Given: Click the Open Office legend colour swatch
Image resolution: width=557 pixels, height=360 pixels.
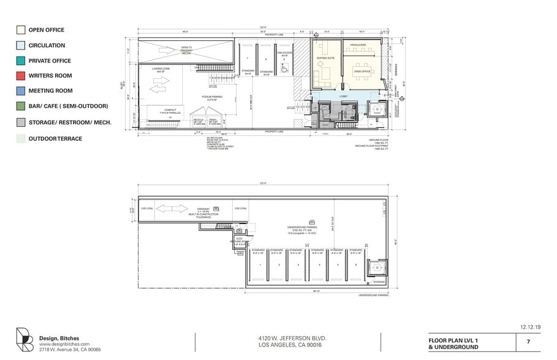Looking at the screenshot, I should [20, 30].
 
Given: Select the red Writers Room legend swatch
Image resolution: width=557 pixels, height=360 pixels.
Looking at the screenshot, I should [20, 76].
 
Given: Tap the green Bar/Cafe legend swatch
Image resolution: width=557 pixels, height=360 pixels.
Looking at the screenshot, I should [20, 107].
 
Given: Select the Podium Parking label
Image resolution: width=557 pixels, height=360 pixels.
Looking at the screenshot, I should [211, 97].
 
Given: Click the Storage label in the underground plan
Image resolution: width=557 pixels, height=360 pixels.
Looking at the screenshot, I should [379, 282].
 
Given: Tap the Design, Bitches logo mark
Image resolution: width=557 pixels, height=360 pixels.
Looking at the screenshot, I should [25, 340].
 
